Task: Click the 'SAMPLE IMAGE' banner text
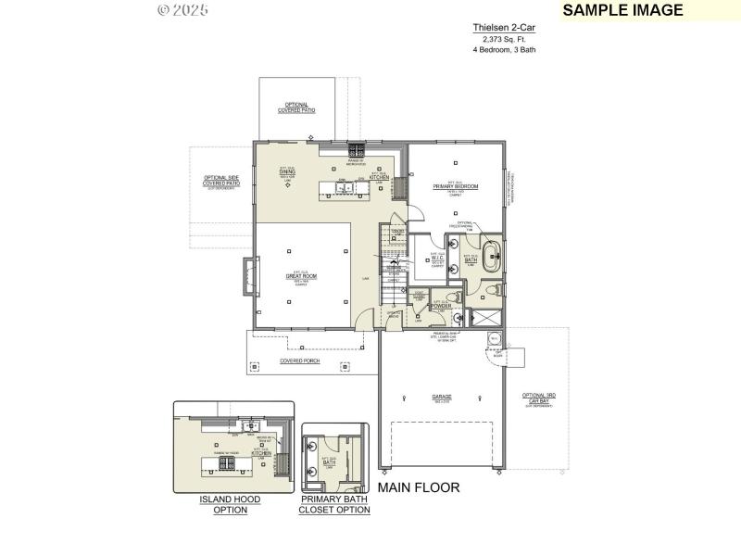(x=622, y=10)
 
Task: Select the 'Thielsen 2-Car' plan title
(x=504, y=29)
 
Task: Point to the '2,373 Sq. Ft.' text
(x=504, y=40)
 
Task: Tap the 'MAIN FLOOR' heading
(x=418, y=486)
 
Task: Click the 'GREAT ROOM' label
(x=302, y=276)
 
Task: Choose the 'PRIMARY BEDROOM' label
(x=456, y=186)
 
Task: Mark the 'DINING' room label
(x=287, y=172)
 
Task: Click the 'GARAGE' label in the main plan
(x=442, y=398)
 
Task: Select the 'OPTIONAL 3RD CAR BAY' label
(x=539, y=398)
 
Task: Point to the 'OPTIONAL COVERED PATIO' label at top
(x=296, y=107)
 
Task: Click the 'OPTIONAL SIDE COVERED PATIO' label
(x=221, y=182)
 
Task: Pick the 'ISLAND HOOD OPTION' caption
(x=230, y=504)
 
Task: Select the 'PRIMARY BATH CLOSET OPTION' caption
(x=334, y=504)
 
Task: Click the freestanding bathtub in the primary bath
(x=492, y=257)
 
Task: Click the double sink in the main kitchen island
(x=345, y=189)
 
